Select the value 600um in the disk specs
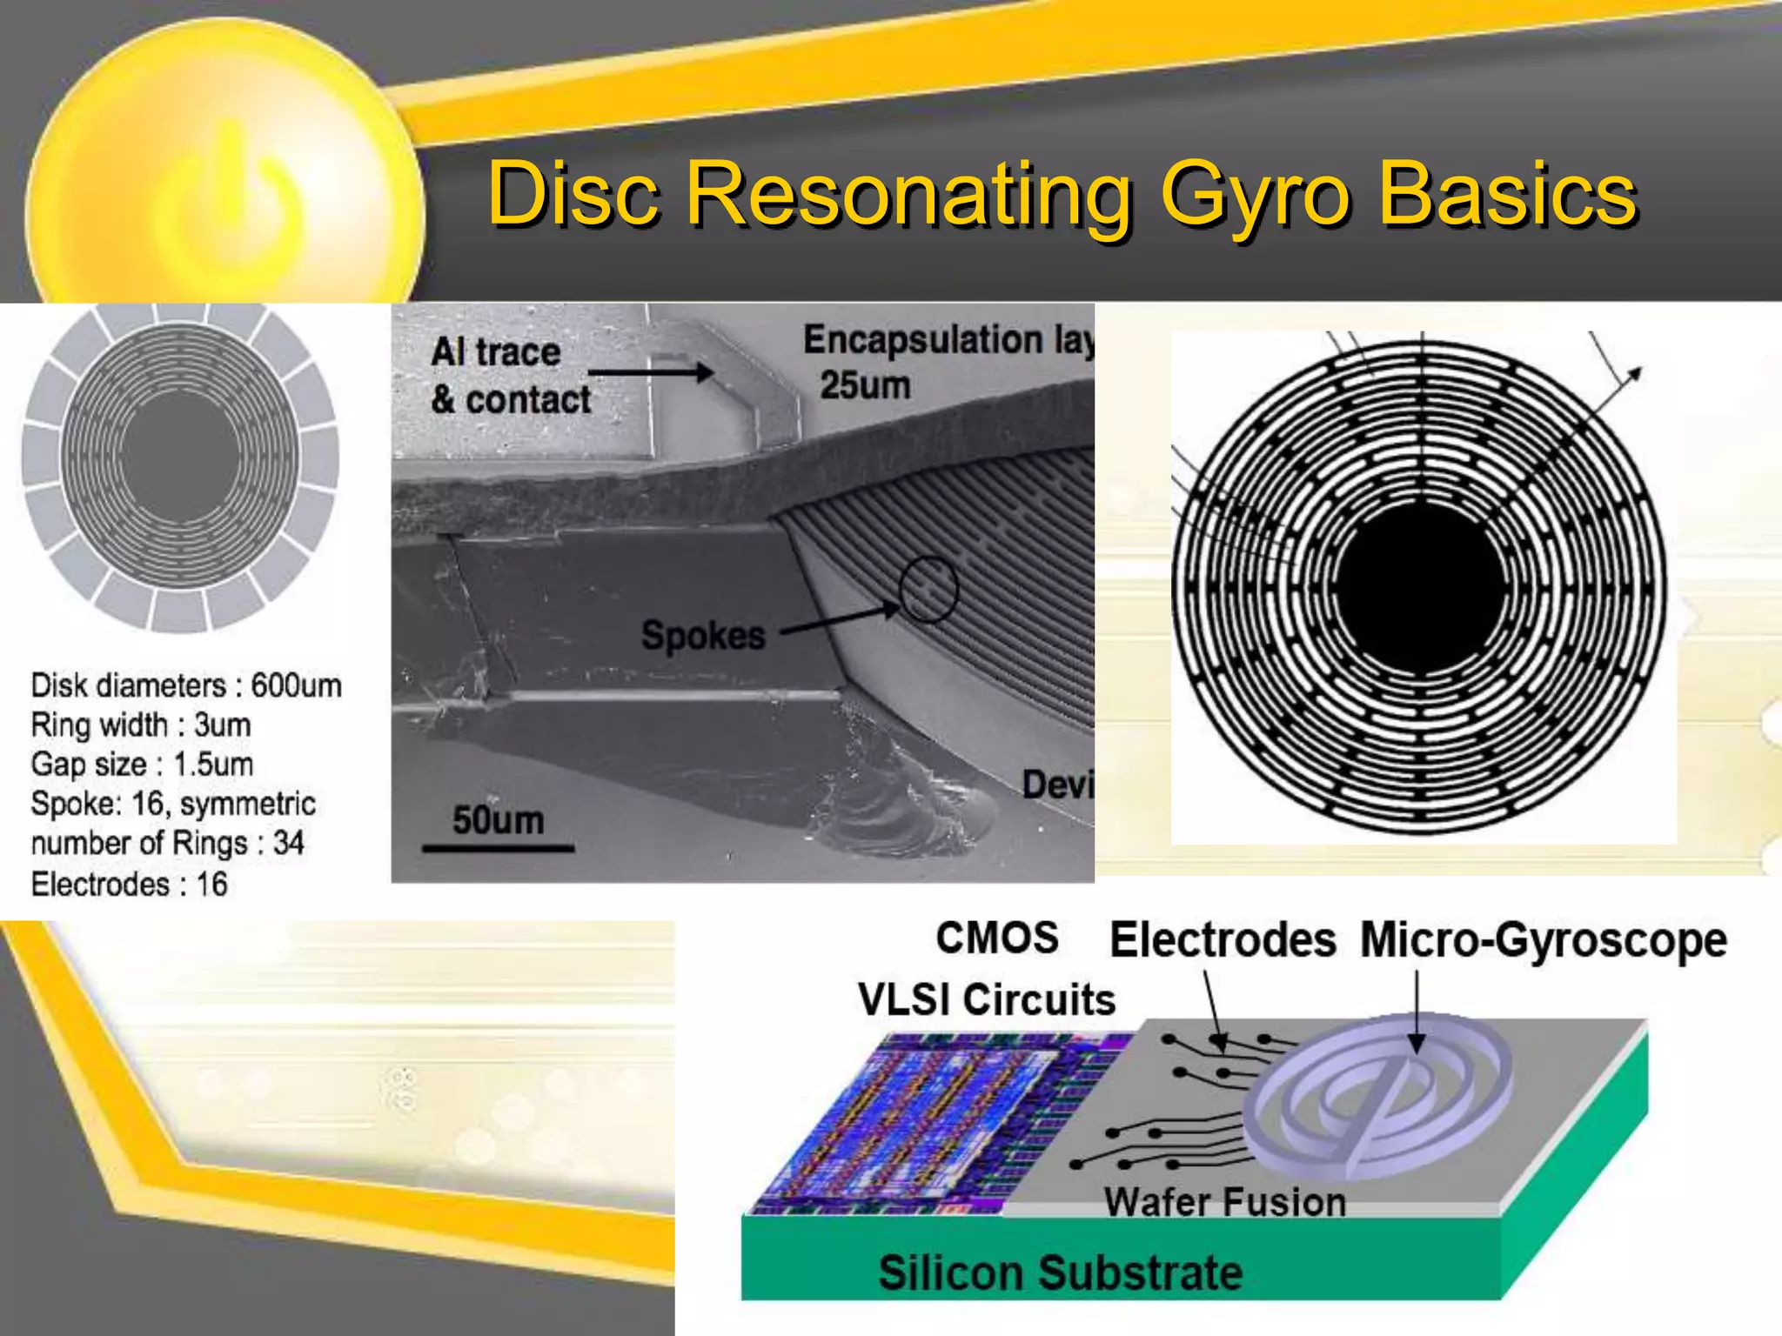point(296,685)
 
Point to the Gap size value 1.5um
point(213,765)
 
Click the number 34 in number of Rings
point(288,843)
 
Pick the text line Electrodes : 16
point(129,885)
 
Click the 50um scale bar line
point(498,847)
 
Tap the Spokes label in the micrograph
point(703,635)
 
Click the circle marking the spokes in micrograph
point(928,589)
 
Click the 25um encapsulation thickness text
point(865,385)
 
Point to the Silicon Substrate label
point(1060,1273)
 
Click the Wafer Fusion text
point(1225,1203)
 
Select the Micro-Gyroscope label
point(1543,940)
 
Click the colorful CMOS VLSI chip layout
point(922,1122)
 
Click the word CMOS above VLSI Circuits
point(997,938)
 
